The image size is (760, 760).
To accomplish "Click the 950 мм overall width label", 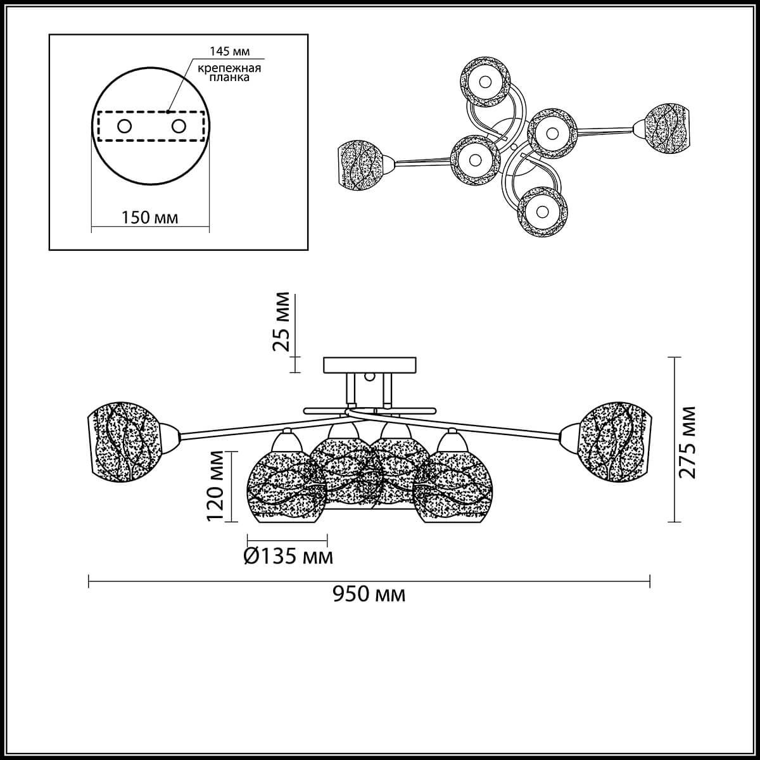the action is click(369, 605).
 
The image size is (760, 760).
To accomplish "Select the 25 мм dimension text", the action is click(281, 322).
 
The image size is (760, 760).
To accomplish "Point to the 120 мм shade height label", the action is click(215, 486).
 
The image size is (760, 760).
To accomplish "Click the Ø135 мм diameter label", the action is click(288, 556).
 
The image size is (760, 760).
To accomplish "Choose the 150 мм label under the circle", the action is click(149, 217).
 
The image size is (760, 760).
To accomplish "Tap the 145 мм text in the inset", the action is click(229, 51).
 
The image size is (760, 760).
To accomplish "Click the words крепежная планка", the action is click(229, 73).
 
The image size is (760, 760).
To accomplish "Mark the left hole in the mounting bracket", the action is click(124, 127).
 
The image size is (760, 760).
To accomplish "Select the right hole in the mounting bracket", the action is click(179, 127).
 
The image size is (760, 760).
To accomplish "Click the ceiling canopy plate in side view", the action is click(369, 365).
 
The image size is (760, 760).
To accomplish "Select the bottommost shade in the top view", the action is click(543, 212).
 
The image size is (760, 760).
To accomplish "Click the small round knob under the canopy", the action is click(369, 377).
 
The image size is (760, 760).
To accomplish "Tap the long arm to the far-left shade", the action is click(262, 426).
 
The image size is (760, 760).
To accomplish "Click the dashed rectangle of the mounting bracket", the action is click(151, 126).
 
